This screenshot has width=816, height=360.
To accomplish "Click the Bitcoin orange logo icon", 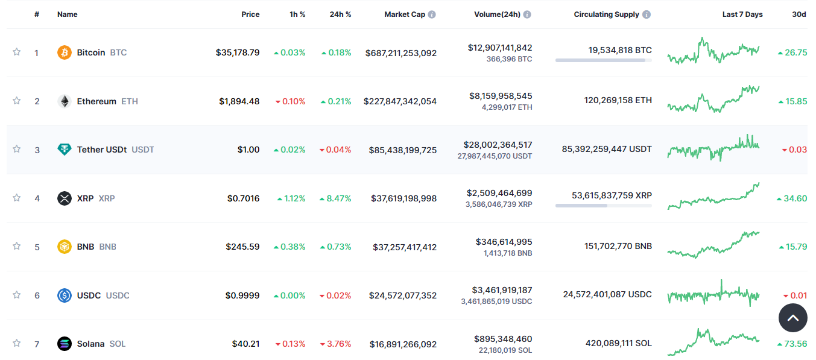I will click(x=64, y=52).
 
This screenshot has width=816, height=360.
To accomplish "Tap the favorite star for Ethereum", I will click(x=17, y=101).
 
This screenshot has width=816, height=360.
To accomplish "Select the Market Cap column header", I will click(x=405, y=14).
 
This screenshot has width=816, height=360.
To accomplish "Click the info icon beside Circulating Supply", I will click(x=647, y=14).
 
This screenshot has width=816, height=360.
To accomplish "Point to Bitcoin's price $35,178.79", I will click(x=238, y=52).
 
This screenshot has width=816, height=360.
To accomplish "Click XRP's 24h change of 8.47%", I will click(x=335, y=198).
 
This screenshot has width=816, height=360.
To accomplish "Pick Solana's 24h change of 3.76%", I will click(x=335, y=344).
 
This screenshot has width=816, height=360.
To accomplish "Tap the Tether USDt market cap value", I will click(x=402, y=150).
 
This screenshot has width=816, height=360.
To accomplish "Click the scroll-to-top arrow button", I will click(x=792, y=318).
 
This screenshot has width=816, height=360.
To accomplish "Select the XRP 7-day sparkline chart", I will click(x=713, y=197).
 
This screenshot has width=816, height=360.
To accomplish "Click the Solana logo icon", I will click(x=64, y=344).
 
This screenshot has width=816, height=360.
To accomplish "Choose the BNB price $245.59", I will click(x=242, y=247).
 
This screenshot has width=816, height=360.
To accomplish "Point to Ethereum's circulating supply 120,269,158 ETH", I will click(x=618, y=100).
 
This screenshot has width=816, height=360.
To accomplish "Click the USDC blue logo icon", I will click(x=64, y=295).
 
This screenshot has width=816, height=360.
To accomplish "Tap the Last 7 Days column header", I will click(x=742, y=14).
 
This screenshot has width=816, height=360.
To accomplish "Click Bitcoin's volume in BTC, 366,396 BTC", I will click(x=509, y=59).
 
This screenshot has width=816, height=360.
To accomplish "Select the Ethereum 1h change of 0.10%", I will click(x=290, y=101).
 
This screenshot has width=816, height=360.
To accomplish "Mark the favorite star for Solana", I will click(x=17, y=343).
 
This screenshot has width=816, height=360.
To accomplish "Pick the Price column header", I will click(x=250, y=14).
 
